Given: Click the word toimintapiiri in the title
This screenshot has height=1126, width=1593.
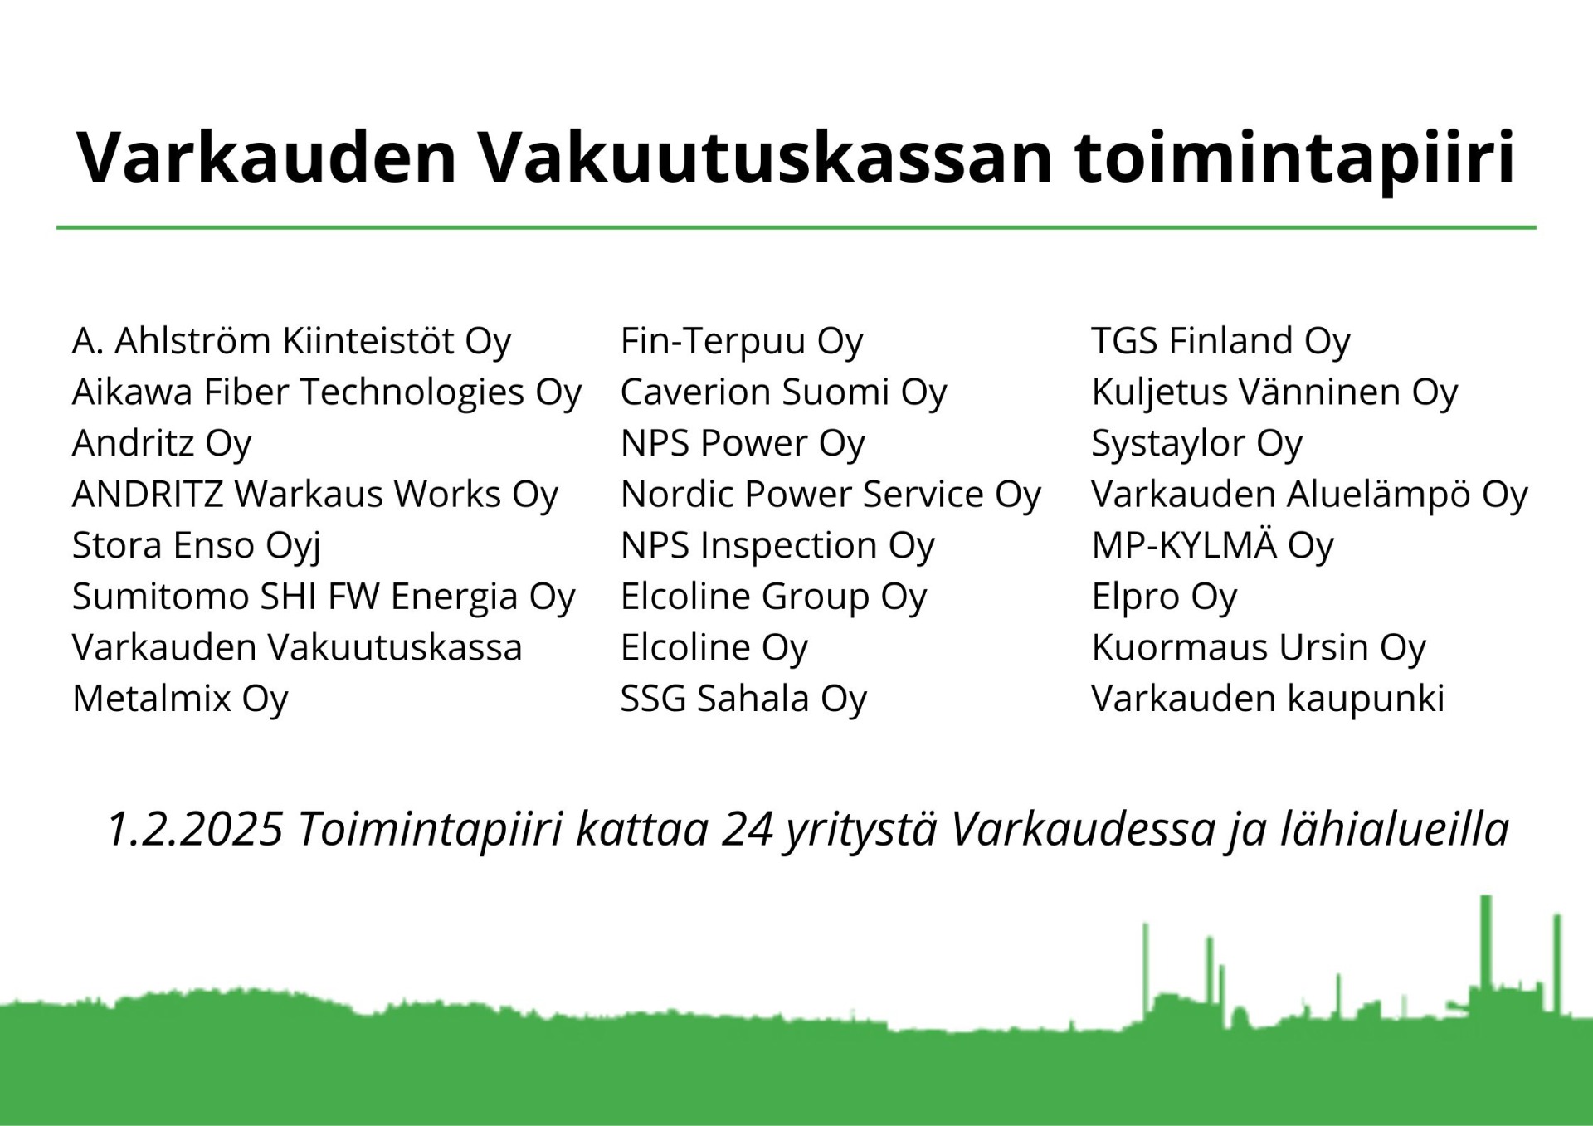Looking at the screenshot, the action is [1295, 158].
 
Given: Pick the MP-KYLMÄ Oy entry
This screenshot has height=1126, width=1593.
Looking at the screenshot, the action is [1213, 546].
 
